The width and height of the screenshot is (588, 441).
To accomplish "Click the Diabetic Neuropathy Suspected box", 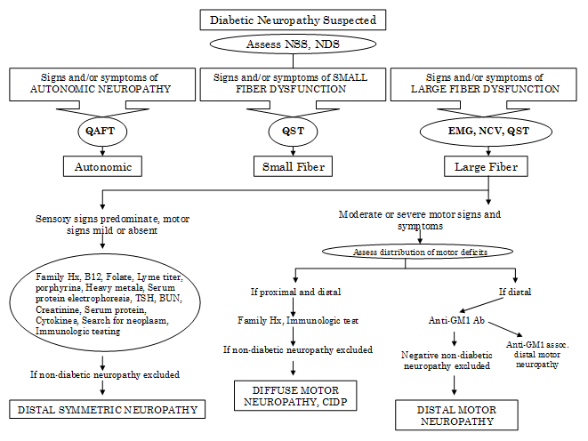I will tap(294, 20).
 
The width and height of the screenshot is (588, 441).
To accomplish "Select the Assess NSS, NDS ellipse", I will tap(294, 43).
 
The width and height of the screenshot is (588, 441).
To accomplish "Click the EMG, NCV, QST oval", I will tap(487, 130).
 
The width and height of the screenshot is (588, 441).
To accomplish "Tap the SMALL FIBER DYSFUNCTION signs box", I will tap(291, 84).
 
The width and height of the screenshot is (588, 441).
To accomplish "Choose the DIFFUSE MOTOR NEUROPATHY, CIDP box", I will tap(294, 397).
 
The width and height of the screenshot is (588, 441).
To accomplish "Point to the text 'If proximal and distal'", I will tap(293, 292).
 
